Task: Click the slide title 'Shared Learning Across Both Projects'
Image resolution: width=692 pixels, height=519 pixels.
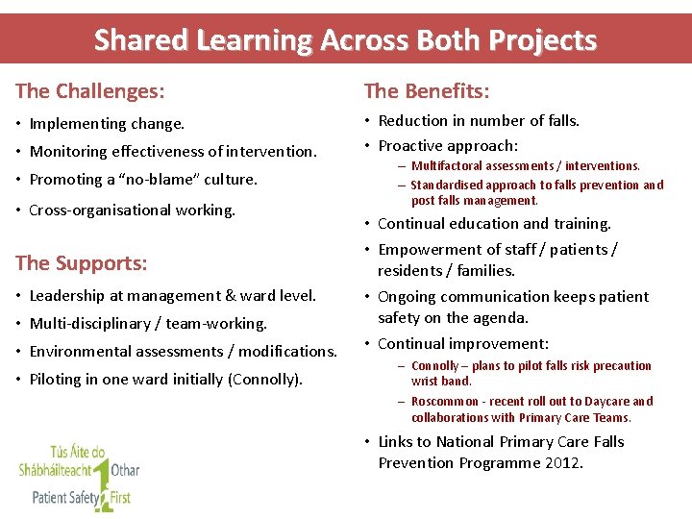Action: click(x=345, y=40)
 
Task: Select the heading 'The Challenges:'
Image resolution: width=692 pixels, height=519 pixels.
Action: click(x=90, y=91)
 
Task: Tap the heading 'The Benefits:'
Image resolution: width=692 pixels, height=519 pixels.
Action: click(x=427, y=91)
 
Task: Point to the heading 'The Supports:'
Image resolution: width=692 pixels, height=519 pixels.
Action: click(x=82, y=262)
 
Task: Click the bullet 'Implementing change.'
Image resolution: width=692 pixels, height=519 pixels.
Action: click(x=107, y=124)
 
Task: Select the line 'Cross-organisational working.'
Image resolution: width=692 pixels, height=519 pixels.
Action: click(x=132, y=210)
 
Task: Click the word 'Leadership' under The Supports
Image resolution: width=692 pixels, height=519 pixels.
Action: click(x=66, y=296)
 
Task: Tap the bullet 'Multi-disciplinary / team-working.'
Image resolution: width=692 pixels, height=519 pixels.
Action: click(x=148, y=324)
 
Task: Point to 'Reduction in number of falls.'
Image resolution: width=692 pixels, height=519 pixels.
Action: click(x=479, y=121)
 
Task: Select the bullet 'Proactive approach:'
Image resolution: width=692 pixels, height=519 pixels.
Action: click(x=448, y=146)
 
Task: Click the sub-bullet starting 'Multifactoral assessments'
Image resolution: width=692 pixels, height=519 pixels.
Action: click(x=525, y=166)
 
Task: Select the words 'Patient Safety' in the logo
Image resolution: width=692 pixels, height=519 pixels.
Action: click(x=61, y=498)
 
